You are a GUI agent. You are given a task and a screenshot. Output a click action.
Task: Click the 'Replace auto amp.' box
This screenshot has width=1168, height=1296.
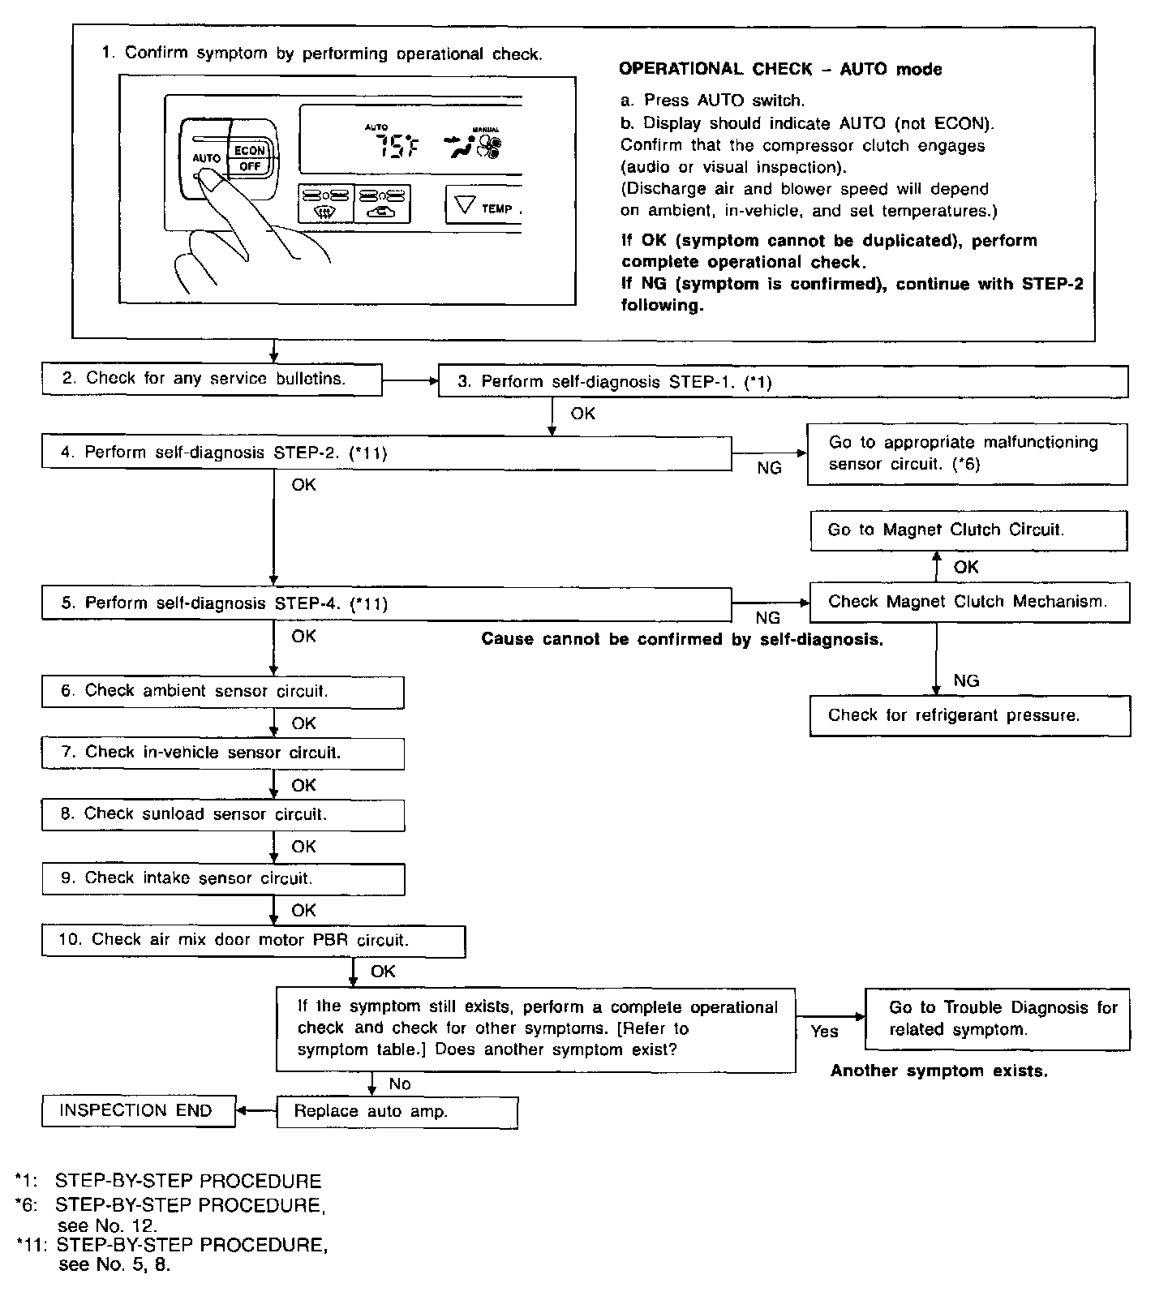(397, 1112)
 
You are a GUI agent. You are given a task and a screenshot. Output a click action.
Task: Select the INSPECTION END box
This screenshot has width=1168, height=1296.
(138, 1111)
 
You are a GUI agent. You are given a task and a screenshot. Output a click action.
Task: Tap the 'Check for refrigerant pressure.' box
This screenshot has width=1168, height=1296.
(969, 715)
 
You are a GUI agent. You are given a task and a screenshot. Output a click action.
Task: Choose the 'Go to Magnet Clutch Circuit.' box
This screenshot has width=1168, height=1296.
(968, 530)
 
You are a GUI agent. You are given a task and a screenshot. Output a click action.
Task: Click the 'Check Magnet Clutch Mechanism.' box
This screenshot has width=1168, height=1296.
(968, 602)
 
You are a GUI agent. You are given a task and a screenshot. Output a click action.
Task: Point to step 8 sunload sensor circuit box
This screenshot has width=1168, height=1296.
(222, 814)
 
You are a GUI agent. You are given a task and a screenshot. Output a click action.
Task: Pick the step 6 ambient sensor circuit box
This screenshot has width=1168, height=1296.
(222, 692)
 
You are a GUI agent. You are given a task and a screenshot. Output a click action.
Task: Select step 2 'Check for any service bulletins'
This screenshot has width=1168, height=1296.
(212, 379)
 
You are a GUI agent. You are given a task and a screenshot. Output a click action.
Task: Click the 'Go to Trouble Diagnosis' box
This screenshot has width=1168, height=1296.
(997, 1019)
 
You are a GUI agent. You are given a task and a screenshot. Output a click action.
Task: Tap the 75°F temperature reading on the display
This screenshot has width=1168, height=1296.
(396, 148)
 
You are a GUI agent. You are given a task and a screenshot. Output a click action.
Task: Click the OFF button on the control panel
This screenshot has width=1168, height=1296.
(250, 166)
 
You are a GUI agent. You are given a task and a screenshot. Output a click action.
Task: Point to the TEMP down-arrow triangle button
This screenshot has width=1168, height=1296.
(465, 205)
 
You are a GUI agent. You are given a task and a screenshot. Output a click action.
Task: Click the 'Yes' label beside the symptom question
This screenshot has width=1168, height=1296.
(824, 1032)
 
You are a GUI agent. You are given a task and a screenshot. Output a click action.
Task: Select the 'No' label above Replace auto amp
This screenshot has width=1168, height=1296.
(400, 1084)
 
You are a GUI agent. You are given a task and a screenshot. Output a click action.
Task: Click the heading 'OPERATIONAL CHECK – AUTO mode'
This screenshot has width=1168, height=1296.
(779, 70)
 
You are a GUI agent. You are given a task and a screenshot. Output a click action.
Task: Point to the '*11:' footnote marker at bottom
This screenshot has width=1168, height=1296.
(32, 1244)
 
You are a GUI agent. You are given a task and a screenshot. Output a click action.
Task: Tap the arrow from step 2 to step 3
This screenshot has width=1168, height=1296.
(410, 380)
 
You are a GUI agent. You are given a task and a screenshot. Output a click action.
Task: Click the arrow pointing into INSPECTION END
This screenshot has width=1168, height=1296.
(255, 1111)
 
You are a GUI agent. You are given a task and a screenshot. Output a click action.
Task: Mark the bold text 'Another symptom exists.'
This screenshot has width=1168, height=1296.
(938, 1071)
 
